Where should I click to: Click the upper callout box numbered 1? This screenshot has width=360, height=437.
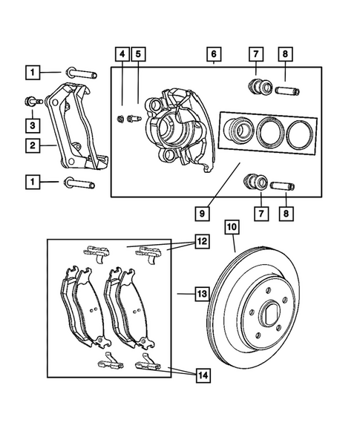click(31, 73)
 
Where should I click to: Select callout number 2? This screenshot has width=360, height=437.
click(31, 146)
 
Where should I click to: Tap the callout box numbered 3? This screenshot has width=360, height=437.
click(31, 124)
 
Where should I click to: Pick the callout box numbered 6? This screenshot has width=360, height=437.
click(212, 54)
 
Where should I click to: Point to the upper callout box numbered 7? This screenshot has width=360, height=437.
click(256, 54)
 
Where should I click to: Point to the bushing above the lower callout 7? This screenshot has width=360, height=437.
click(256, 180)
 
